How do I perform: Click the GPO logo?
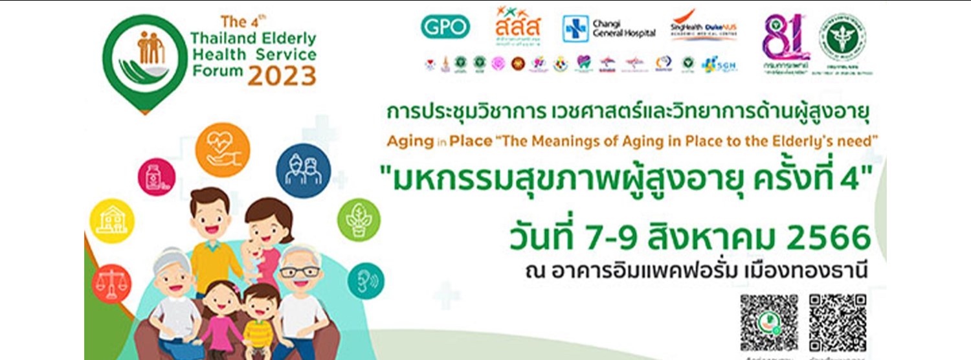[x=445, y=27]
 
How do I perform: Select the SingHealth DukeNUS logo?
[x=704, y=27]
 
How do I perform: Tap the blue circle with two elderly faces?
[x=303, y=170]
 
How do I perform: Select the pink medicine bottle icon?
[x=156, y=177]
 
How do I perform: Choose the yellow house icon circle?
[x=112, y=221]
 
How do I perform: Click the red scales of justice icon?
[x=111, y=284]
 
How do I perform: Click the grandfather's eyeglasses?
[x=298, y=271]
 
